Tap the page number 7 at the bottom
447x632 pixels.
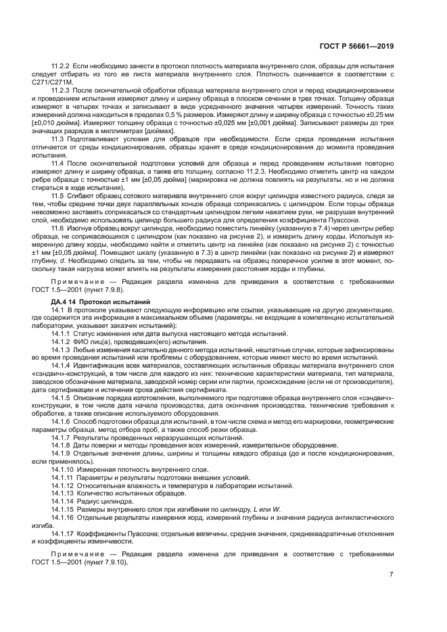(391, 575)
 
